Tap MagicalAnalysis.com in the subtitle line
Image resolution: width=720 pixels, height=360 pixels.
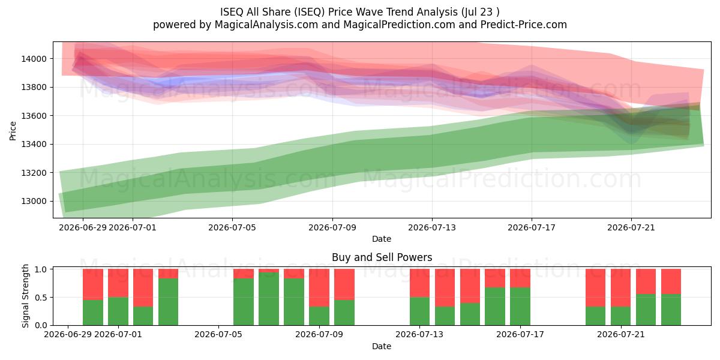(266, 25)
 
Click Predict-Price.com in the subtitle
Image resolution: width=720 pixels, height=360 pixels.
(523, 25)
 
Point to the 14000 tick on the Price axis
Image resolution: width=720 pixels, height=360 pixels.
(34, 59)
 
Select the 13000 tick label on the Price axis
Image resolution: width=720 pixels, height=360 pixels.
(34, 201)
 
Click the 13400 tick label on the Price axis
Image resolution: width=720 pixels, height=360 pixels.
(34, 145)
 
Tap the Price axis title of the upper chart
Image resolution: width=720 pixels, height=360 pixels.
(13, 131)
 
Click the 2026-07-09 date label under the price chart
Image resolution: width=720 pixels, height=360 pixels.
(332, 227)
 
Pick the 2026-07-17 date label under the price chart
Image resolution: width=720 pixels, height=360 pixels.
(532, 227)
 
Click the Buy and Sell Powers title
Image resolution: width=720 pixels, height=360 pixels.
(382, 257)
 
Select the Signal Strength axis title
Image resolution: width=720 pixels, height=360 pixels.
(25, 296)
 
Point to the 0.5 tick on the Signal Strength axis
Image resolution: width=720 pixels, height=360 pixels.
(41, 298)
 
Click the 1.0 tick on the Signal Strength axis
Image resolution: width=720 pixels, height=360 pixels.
(41, 269)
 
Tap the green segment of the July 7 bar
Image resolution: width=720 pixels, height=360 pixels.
(269, 299)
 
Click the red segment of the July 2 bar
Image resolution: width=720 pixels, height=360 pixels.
(143, 287)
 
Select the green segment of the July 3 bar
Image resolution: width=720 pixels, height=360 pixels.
(168, 301)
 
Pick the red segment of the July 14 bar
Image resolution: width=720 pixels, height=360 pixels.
(445, 287)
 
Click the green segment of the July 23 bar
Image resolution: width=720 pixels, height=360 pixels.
(671, 310)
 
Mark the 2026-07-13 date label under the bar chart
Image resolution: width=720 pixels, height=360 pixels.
(419, 334)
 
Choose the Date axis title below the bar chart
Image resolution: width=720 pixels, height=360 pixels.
(382, 346)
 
